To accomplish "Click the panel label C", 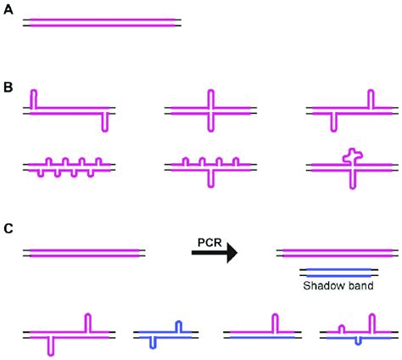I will (x=8, y=228).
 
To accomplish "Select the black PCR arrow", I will (x=214, y=253).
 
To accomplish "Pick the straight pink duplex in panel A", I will (x=102, y=21).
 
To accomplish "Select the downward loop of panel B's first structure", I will (x=103, y=121).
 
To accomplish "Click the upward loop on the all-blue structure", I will (x=178, y=327).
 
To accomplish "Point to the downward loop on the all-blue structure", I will (x=151, y=342).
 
